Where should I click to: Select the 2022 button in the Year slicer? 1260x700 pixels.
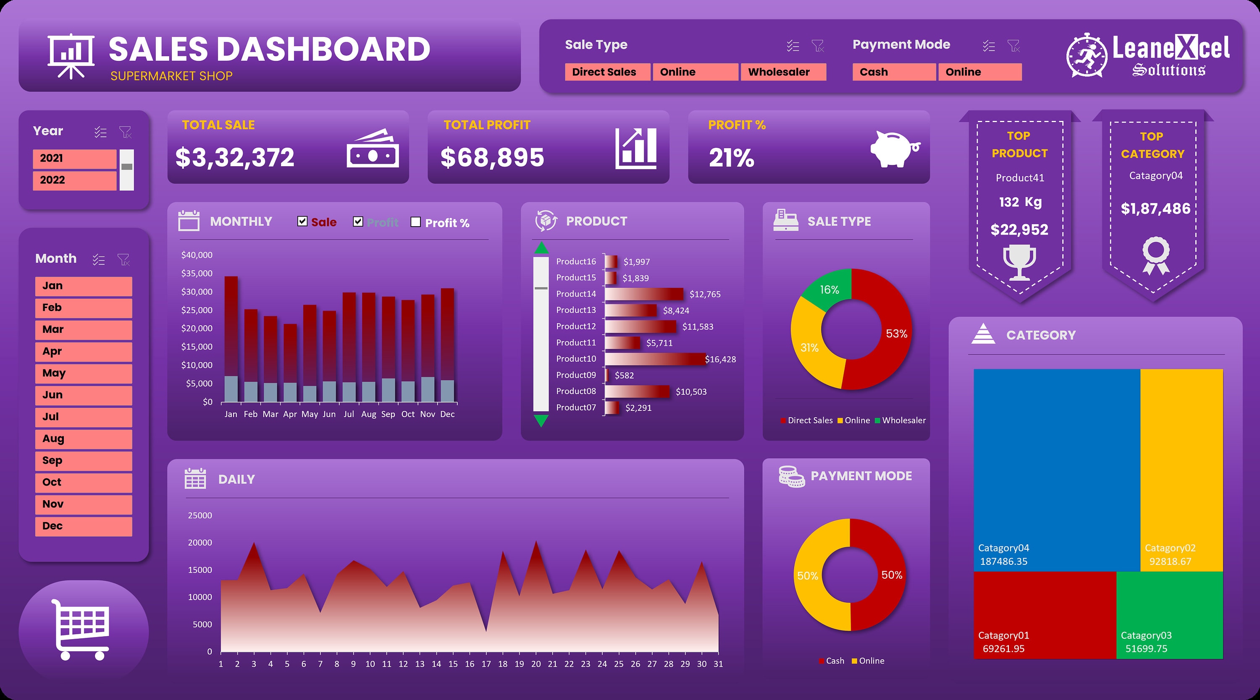coord(74,180)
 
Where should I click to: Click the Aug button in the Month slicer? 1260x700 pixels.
coord(83,439)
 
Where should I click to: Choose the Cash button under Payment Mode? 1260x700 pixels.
coord(894,72)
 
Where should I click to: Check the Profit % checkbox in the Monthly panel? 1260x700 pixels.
coord(416,222)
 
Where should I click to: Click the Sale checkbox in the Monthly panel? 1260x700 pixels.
coord(302,222)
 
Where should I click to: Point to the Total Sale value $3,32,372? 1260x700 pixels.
coord(235,157)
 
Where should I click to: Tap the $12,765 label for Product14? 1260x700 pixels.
coord(704,294)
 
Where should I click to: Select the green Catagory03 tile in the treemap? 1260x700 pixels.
coord(1169,615)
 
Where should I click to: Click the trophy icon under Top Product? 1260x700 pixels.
coord(1019,261)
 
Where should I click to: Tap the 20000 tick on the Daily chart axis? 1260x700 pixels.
coord(200,543)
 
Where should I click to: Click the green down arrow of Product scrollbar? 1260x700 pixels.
coord(541,421)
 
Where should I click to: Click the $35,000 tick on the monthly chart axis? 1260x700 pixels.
coord(197,273)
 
